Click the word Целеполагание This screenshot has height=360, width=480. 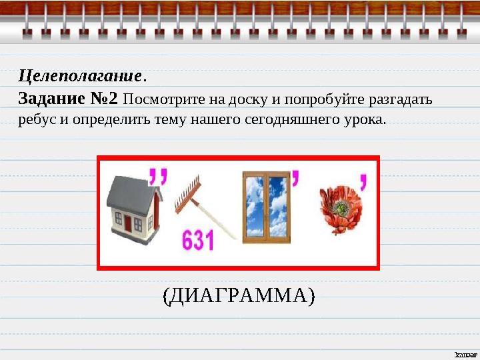79,74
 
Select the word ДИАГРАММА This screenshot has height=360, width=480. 238,294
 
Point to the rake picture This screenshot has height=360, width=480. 200,203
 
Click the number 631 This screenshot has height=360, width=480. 199,241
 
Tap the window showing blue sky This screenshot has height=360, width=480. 265,206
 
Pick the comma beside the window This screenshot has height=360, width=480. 294,177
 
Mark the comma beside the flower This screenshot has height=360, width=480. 363,181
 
